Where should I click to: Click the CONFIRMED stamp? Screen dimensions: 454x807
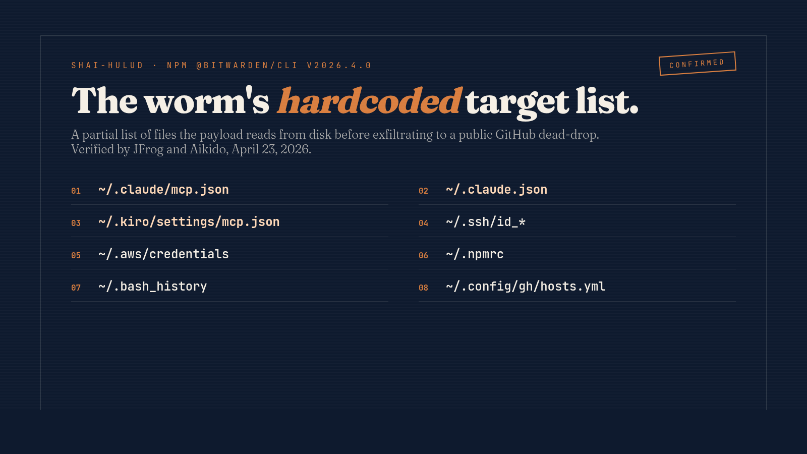tap(697, 64)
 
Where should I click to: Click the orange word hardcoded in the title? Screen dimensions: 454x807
tap(369, 101)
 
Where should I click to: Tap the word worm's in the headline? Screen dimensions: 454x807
tap(207, 101)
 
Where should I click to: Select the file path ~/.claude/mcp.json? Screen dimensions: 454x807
tap(163, 190)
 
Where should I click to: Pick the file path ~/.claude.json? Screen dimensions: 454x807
tap(496, 190)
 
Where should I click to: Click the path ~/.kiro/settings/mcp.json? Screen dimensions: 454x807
tap(189, 222)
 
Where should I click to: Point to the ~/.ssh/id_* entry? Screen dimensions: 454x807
tap(485, 222)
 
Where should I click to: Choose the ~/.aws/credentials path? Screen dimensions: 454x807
tap(163, 254)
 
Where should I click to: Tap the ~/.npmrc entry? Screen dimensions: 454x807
tap(475, 254)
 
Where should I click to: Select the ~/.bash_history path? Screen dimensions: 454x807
tap(152, 287)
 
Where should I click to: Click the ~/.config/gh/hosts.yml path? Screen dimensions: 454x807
tap(526, 287)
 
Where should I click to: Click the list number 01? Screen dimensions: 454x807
tap(76, 191)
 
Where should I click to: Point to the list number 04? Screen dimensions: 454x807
tap(423, 223)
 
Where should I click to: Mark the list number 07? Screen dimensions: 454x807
tap(76, 288)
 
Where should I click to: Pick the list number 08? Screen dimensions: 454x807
tap(423, 288)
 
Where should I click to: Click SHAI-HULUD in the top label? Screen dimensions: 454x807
tap(107, 66)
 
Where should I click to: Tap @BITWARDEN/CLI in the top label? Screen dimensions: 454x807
tap(247, 66)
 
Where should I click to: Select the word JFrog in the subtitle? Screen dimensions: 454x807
tap(148, 149)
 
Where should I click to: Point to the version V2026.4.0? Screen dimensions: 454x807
tap(339, 66)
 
